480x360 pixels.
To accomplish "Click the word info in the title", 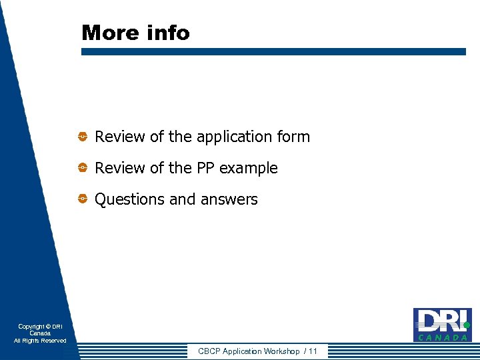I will coord(170,33).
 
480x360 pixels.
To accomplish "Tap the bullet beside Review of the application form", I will coord(83,137).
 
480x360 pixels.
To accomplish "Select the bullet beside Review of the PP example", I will coord(83,168).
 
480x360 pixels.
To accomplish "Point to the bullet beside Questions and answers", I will coord(83,199).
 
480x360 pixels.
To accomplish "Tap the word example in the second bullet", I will coord(249,169).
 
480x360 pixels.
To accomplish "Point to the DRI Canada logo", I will coord(441,325).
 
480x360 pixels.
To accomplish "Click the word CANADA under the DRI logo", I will coord(443,338).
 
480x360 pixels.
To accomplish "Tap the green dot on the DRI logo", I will coord(467,325).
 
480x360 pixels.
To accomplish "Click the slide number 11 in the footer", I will coord(313,351).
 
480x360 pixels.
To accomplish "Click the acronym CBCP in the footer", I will coord(209,351).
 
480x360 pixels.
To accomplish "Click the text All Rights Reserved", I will coord(40,341).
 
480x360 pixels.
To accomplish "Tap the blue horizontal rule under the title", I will coord(273,51).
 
